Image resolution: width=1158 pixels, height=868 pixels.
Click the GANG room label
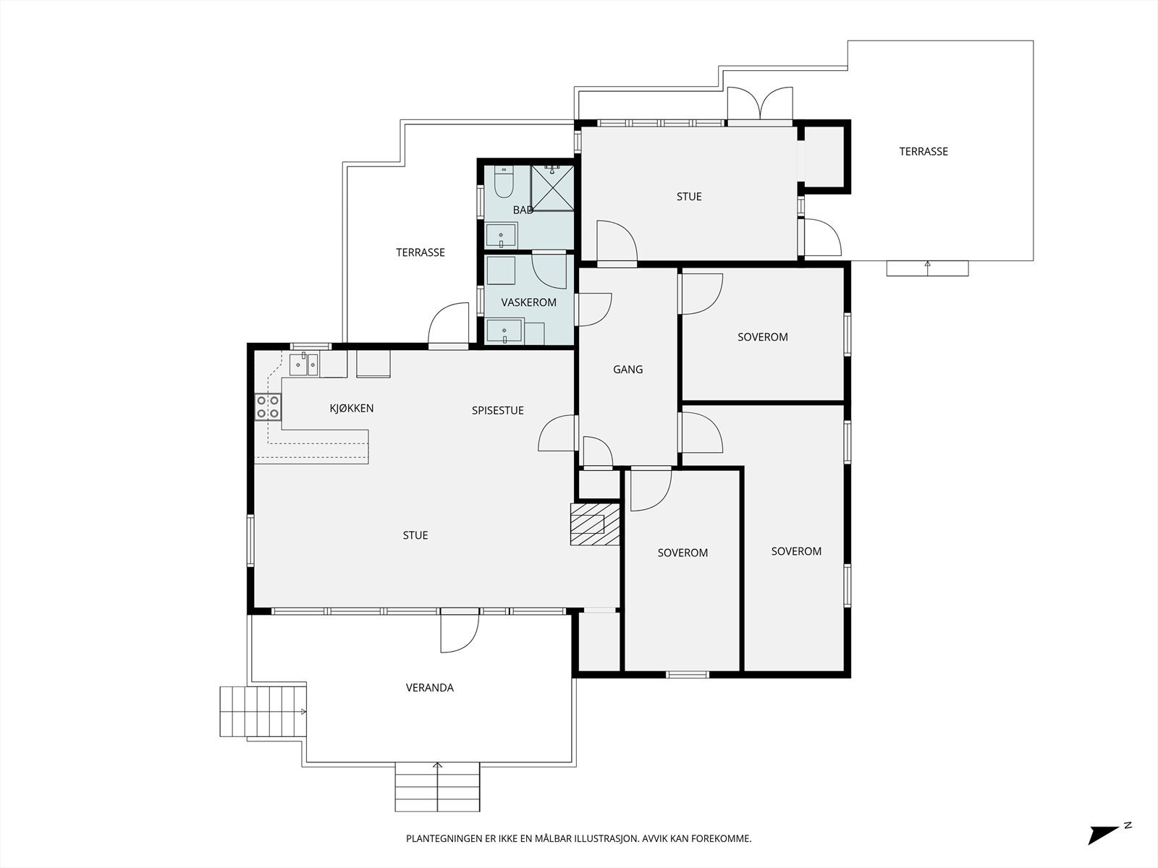627,370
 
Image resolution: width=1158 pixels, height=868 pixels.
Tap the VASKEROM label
528,302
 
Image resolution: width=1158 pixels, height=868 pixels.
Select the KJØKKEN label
351,409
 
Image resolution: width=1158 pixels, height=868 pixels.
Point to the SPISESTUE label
497,411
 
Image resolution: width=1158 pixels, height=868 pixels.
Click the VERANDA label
429,688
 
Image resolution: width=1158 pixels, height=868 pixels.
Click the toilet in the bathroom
504,182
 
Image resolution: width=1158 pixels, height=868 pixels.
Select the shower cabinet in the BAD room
552,187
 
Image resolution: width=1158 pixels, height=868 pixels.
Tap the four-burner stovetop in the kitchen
268,407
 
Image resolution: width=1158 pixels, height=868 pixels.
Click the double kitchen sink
304,364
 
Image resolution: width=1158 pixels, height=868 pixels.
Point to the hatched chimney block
595,524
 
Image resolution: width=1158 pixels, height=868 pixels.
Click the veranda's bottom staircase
437,786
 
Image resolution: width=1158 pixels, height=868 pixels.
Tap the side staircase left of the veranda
263,712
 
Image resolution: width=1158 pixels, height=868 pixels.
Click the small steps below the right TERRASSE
927,268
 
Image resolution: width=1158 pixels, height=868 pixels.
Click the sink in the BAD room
501,235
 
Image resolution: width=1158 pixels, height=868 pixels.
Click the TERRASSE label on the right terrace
924,152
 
